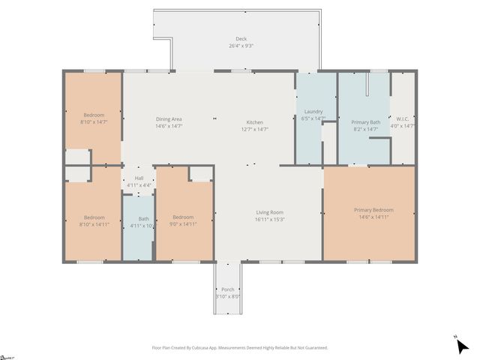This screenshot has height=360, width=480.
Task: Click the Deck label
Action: pyautogui.click(x=241, y=39)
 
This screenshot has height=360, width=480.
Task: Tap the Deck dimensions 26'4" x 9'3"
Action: pyautogui.click(x=241, y=46)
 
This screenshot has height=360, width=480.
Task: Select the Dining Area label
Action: pyautogui.click(x=169, y=119)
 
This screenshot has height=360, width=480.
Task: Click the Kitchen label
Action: pyautogui.click(x=255, y=122)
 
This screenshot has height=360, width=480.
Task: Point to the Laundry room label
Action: pyautogui.click(x=313, y=112)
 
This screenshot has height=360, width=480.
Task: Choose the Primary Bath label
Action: pyautogui.click(x=365, y=122)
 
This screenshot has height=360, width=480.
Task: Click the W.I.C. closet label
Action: pyautogui.click(x=403, y=118)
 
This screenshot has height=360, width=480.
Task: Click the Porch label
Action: pyautogui.click(x=227, y=289)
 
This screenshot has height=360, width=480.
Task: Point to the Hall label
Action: pyautogui.click(x=138, y=178)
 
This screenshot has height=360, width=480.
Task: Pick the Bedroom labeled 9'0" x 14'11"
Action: pyautogui.click(x=184, y=217)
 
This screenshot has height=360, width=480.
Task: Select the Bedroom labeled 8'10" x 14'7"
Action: pyautogui.click(x=94, y=115)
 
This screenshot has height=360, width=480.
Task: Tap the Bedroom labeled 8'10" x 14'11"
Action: pyautogui.click(x=94, y=217)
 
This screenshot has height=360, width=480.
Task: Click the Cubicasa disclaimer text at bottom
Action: pyautogui.click(x=240, y=348)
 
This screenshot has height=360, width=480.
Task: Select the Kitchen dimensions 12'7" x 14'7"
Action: pyautogui.click(x=255, y=129)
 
